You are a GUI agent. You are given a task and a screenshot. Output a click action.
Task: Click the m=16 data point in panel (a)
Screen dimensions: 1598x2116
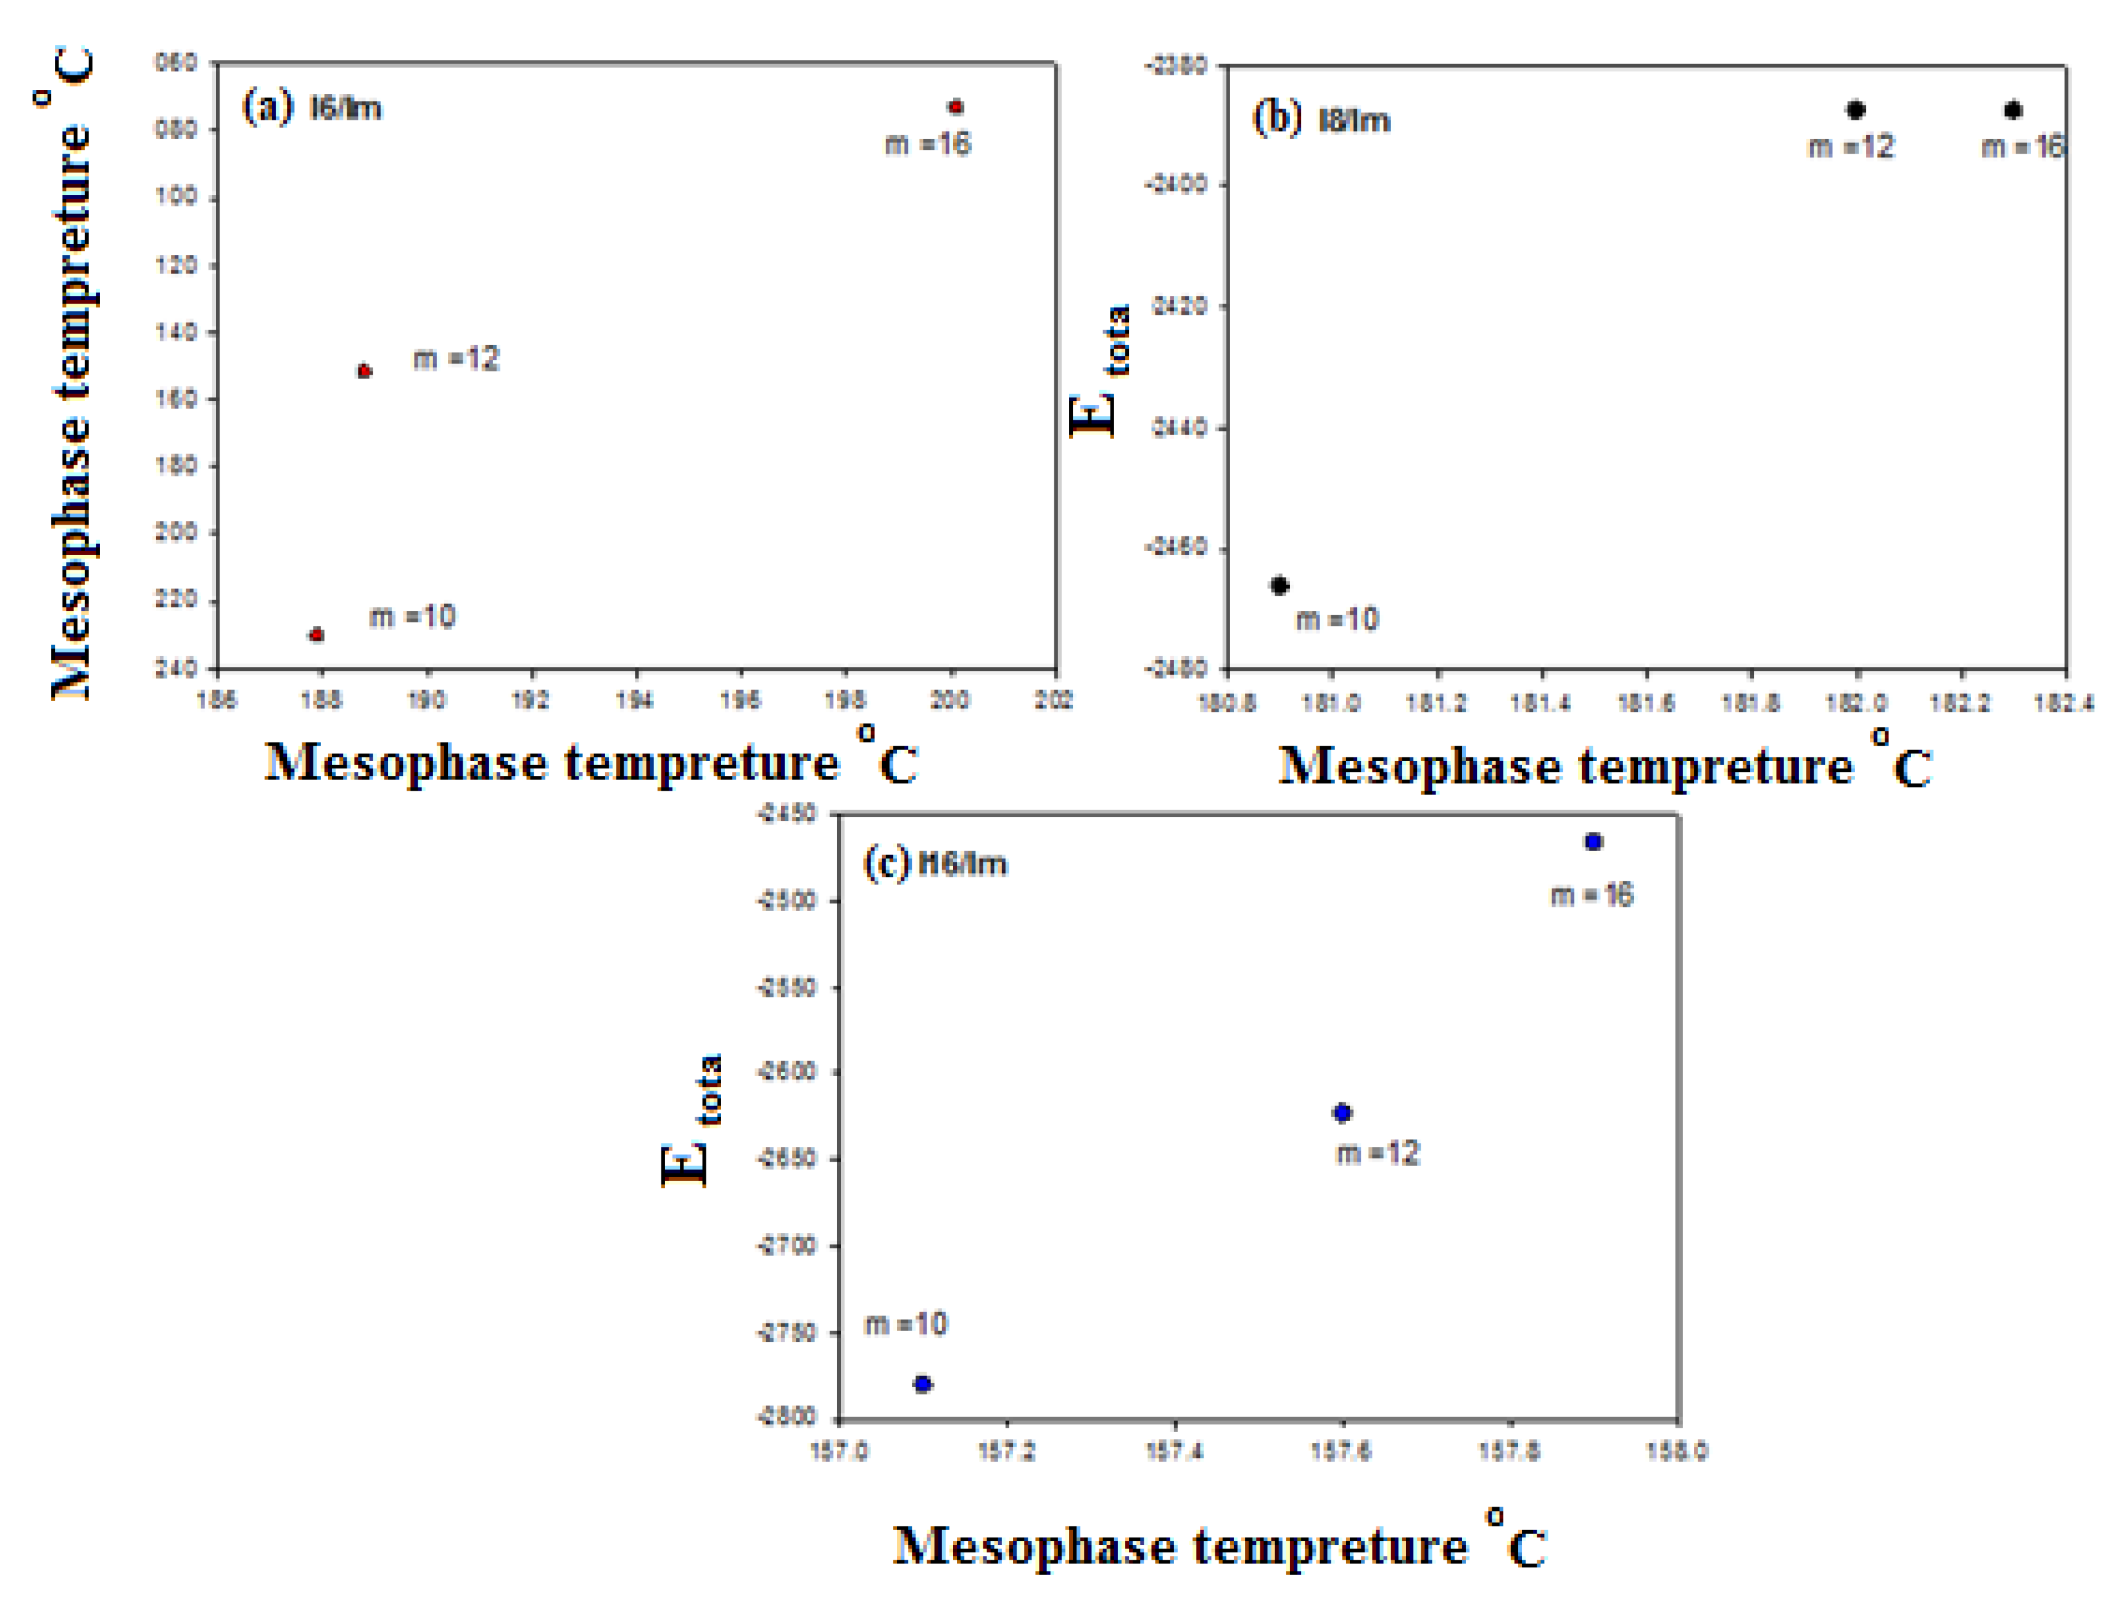coord(955,106)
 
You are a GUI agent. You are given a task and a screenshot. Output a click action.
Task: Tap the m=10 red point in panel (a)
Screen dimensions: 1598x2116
coord(316,635)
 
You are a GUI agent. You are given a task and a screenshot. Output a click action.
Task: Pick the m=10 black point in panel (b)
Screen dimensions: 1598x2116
coord(1280,586)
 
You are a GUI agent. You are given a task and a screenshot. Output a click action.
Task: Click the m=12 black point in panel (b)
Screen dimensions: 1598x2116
coord(1856,110)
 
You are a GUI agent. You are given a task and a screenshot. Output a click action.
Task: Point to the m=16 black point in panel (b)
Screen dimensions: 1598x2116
coord(2013,110)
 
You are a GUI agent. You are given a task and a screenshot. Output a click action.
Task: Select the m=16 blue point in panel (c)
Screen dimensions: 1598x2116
coord(1593,842)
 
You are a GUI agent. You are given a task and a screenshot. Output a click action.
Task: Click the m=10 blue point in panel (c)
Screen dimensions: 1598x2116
coord(923,1384)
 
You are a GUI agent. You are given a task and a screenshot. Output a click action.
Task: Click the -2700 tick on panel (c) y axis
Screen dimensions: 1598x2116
coord(787,1246)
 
